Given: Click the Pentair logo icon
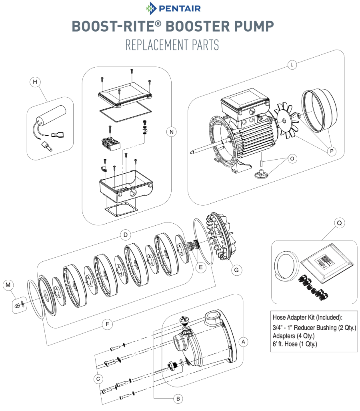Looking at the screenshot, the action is pos(151,8).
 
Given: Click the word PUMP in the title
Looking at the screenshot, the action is pos(254,26).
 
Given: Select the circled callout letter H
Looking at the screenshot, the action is pos(35,82).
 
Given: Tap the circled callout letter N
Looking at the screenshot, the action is pos(172,132).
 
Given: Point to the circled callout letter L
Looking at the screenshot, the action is pos(292,65).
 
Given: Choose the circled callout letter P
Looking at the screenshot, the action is pos(332,151).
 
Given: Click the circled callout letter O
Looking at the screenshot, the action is pos(292,158).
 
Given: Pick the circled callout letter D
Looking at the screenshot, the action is pos(126,235).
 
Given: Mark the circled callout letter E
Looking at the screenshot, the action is pos(201,267).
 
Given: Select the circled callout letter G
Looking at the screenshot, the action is pos(236,270).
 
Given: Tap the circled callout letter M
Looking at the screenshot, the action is pos(8,285).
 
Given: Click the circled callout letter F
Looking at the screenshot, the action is pos(107,324).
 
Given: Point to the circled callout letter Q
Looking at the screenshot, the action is pos(339,223).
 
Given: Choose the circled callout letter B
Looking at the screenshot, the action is pos(178,399).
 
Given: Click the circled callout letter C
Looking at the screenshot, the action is pos(98,379).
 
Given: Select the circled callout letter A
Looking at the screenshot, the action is pos(243,342).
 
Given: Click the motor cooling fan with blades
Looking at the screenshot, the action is pos(287,121).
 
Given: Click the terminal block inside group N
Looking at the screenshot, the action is pos(110,144).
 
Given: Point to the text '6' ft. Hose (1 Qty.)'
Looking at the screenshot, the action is pos(295,344).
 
